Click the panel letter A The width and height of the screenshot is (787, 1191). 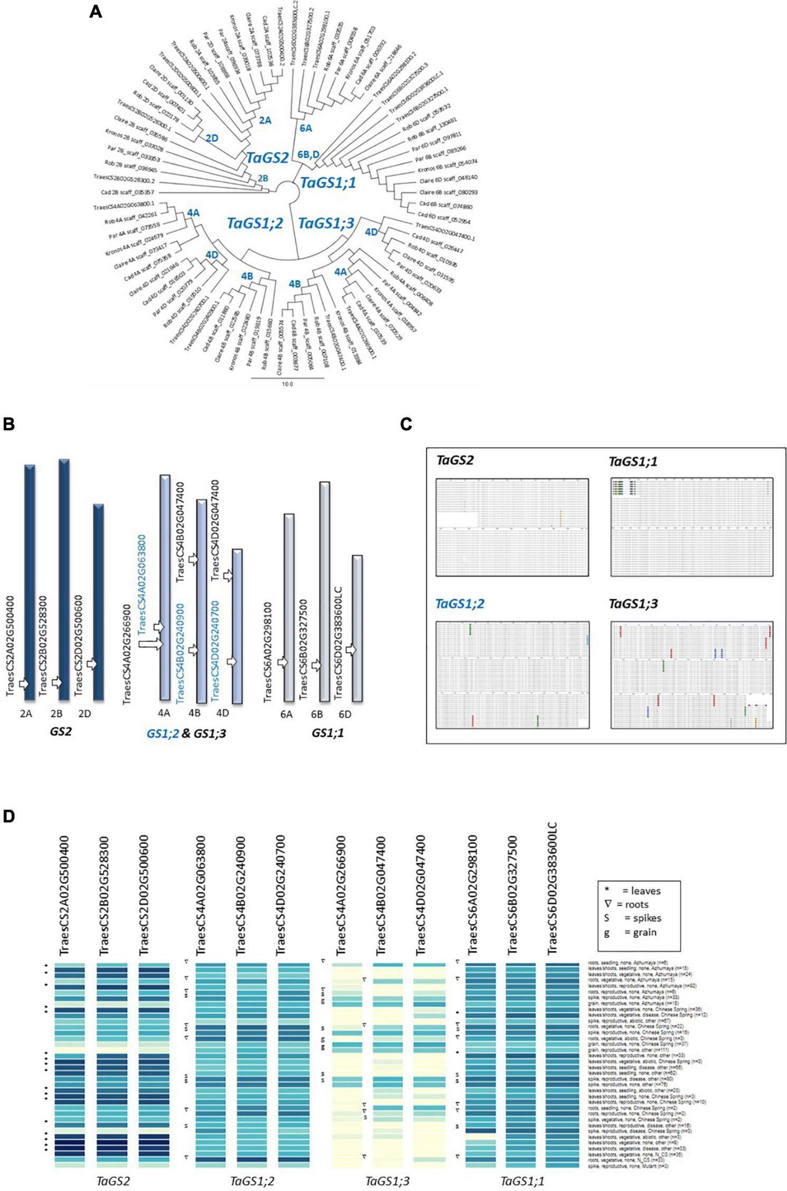pos(96,12)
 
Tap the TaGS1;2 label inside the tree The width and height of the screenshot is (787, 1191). pos(255,223)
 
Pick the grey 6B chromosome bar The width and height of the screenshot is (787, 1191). pos(325,591)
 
